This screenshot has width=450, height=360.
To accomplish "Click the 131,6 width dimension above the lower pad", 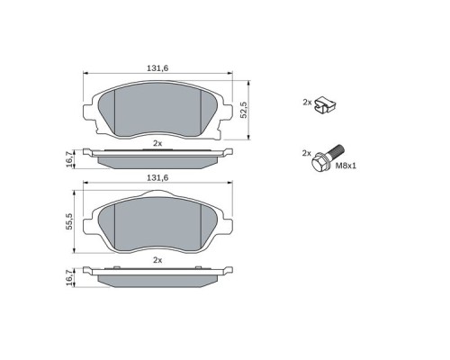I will click(x=157, y=178).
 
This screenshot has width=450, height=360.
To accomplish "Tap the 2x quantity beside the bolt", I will click(x=306, y=154).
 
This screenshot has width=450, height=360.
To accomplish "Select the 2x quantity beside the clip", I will click(x=307, y=103).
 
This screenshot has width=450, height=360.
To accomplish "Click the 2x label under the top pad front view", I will click(x=157, y=143).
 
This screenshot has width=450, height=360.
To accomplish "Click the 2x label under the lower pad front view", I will click(x=157, y=259).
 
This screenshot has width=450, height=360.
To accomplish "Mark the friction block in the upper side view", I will click(x=157, y=161).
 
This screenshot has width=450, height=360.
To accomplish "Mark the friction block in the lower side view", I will click(x=157, y=279).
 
